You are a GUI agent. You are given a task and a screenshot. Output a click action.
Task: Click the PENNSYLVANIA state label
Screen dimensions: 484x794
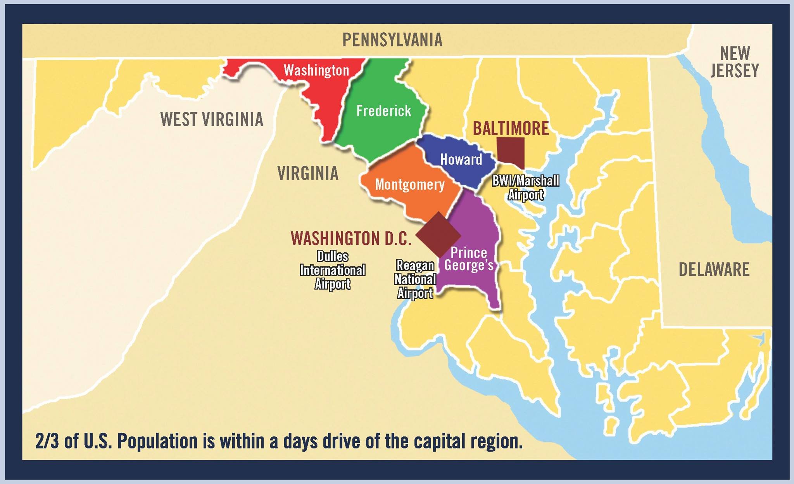[x=392, y=40]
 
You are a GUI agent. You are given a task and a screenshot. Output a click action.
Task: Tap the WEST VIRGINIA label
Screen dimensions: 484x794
[x=212, y=119]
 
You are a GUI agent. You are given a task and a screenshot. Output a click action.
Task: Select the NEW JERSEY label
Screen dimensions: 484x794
[x=735, y=62]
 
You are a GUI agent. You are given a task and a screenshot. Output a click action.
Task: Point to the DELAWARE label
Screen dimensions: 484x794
[x=714, y=269]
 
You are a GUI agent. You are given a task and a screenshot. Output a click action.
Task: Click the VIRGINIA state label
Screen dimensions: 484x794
[x=308, y=173]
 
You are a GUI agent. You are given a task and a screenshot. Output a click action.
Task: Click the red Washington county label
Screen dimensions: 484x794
[x=316, y=70]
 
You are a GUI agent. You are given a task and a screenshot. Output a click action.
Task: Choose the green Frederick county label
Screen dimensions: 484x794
[x=383, y=111]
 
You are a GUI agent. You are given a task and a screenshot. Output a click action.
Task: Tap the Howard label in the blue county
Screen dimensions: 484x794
[x=461, y=160]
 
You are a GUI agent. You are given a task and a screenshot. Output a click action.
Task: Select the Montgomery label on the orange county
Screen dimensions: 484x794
[x=410, y=184]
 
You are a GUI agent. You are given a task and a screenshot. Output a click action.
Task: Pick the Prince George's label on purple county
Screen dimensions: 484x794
[x=469, y=259]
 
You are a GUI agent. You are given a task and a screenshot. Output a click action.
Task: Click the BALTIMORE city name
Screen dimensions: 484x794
[x=511, y=128]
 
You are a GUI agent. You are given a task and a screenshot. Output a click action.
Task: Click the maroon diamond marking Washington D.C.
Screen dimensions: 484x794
[x=438, y=235]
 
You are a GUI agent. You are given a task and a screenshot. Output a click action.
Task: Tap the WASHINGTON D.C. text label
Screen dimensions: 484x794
[x=350, y=238]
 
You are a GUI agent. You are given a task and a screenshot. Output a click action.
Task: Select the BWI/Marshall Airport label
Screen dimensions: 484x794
[x=526, y=187]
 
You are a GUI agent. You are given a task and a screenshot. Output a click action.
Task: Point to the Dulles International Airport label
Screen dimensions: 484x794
[x=333, y=270]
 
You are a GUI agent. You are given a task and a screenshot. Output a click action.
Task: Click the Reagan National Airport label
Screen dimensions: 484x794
[x=415, y=279]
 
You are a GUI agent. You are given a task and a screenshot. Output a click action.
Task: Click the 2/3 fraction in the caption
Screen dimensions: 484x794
[x=47, y=441]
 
